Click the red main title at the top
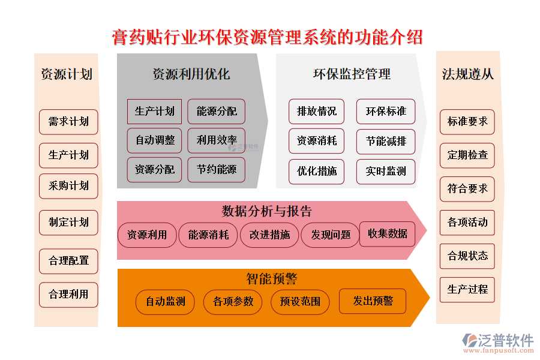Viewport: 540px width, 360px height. pos(268,37)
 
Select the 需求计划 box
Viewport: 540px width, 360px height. pos(68,122)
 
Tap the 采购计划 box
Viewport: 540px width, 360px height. pos(68,186)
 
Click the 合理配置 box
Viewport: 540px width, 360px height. pos(68,261)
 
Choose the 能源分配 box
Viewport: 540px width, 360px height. pos(217,112)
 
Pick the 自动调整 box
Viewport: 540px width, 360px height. pos(155,140)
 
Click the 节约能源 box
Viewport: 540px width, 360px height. pos(217,170)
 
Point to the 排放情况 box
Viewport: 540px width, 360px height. pos(317,112)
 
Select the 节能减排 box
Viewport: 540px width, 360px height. pos(386,142)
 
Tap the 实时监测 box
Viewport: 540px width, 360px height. pos(386,172)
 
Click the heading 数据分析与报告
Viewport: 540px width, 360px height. pos(266,211)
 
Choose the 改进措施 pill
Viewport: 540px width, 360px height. pos(269,235)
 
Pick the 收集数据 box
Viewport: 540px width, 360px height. pos(388,234)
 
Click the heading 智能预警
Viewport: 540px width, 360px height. pos(271,279)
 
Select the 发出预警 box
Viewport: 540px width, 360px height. pos(373,301)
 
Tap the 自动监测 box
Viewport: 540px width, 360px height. pos(166,302)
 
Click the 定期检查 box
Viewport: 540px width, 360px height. pos(468,155)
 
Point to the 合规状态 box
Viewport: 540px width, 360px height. pos(468,256)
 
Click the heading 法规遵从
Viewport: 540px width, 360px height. pos(468,74)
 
